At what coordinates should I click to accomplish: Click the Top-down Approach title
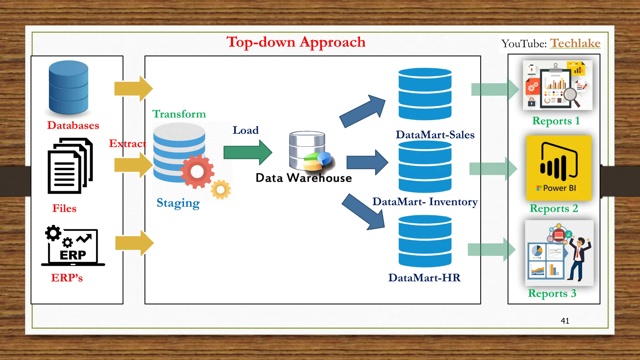[296, 42]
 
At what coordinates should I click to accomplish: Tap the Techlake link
[575, 43]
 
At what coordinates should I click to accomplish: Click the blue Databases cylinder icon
[68, 87]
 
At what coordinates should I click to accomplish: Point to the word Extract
[127, 143]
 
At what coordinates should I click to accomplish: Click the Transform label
[179, 114]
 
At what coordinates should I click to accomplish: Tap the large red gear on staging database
[197, 171]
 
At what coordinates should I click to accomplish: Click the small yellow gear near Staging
[221, 189]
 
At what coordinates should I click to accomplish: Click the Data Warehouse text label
[303, 178]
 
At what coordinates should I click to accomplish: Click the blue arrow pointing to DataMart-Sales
[362, 111]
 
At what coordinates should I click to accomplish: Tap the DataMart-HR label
[424, 277]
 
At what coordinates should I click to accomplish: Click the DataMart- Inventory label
[425, 202]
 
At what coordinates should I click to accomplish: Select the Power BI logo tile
[558, 168]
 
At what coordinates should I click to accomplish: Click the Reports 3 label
[552, 293]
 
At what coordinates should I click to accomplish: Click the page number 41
[565, 321]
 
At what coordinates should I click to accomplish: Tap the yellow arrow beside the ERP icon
[134, 243]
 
